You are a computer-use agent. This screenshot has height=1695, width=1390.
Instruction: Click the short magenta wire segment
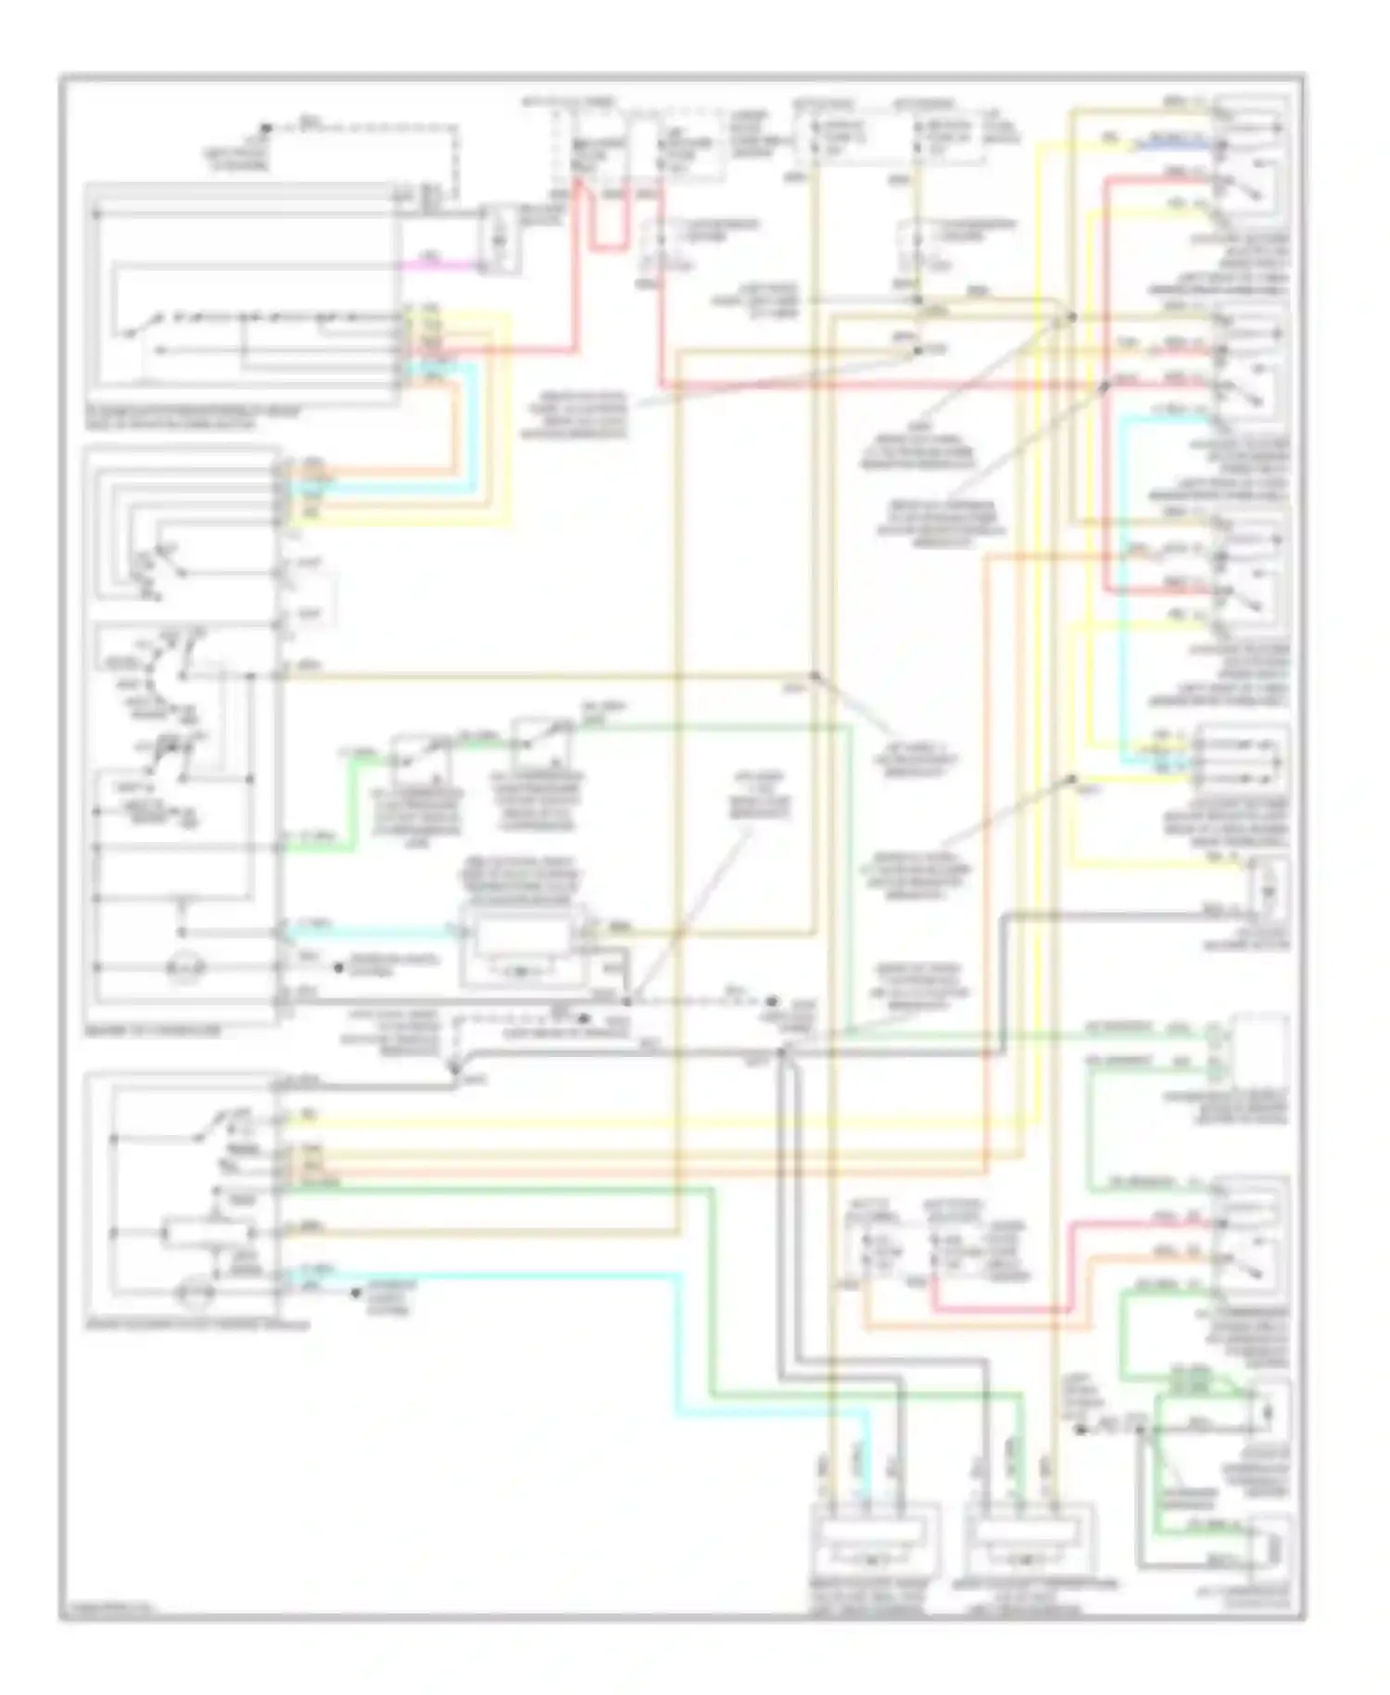440,265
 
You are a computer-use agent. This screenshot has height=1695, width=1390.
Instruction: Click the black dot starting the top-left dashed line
265,128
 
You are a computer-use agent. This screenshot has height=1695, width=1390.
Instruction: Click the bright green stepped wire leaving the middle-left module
347,807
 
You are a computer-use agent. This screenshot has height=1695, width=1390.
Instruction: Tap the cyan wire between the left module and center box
371,930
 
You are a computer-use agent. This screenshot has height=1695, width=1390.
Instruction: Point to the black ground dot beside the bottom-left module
355,1292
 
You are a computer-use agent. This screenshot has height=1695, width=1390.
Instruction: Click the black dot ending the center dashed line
771,1001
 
